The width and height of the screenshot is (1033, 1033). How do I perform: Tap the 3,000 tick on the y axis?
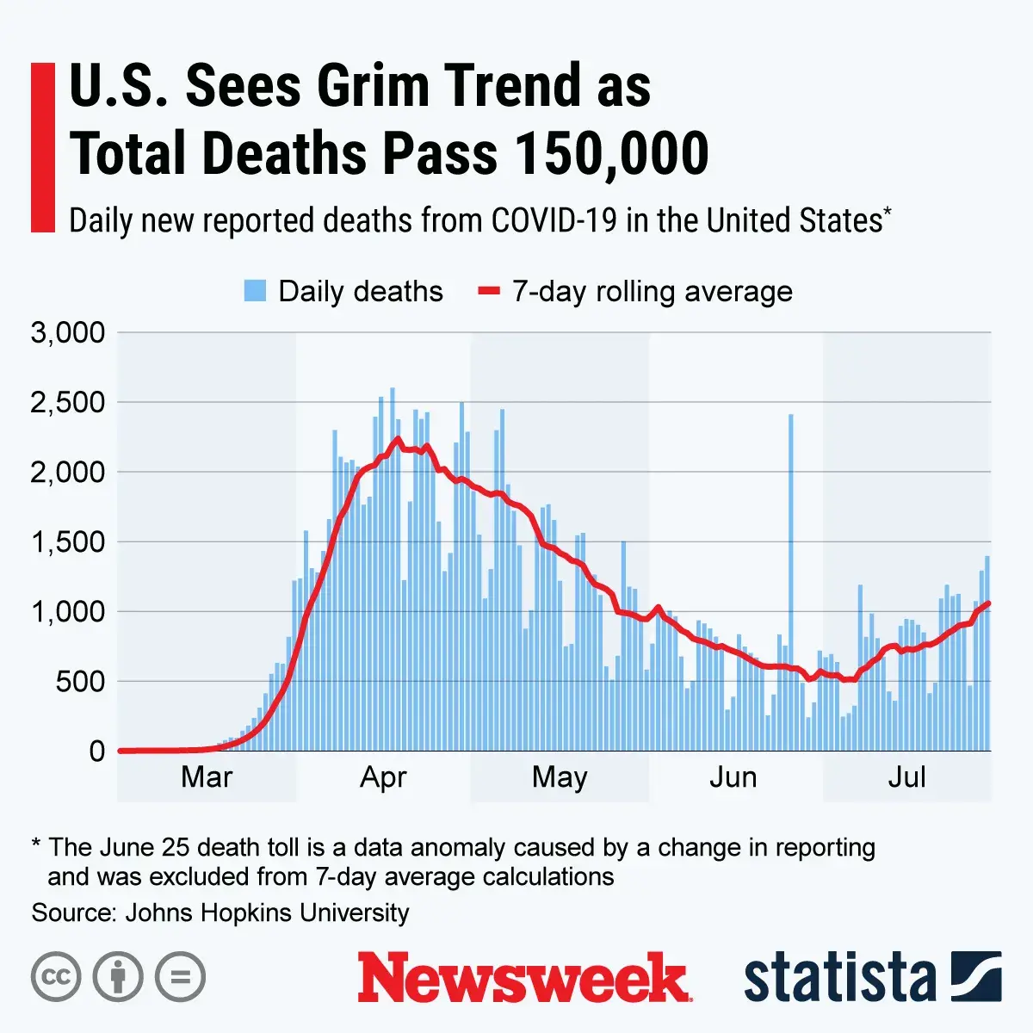click(68, 333)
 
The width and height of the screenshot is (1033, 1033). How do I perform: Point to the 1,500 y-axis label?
click(68, 542)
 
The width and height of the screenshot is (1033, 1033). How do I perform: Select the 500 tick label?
click(79, 682)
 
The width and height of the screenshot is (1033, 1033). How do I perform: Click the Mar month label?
click(207, 777)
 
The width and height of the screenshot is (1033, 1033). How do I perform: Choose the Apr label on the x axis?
click(383, 777)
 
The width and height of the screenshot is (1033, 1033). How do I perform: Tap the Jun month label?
click(733, 777)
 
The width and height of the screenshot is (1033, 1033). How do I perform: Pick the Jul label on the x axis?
click(907, 777)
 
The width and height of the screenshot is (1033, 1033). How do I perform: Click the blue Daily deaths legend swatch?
click(255, 291)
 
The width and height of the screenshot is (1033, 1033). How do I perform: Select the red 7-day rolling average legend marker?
click(489, 291)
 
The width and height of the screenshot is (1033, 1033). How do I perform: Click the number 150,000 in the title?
click(611, 154)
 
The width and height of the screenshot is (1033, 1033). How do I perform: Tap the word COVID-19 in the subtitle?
click(554, 221)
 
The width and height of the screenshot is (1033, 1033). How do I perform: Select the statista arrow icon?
click(976, 976)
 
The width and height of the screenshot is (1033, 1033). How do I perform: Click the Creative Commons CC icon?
click(56, 977)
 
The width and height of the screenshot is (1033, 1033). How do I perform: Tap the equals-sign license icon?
click(180, 977)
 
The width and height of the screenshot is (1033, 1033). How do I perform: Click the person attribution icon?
click(118, 977)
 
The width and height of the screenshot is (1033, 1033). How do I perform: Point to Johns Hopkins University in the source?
click(267, 912)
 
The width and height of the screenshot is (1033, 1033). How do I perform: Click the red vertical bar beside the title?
click(42, 147)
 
